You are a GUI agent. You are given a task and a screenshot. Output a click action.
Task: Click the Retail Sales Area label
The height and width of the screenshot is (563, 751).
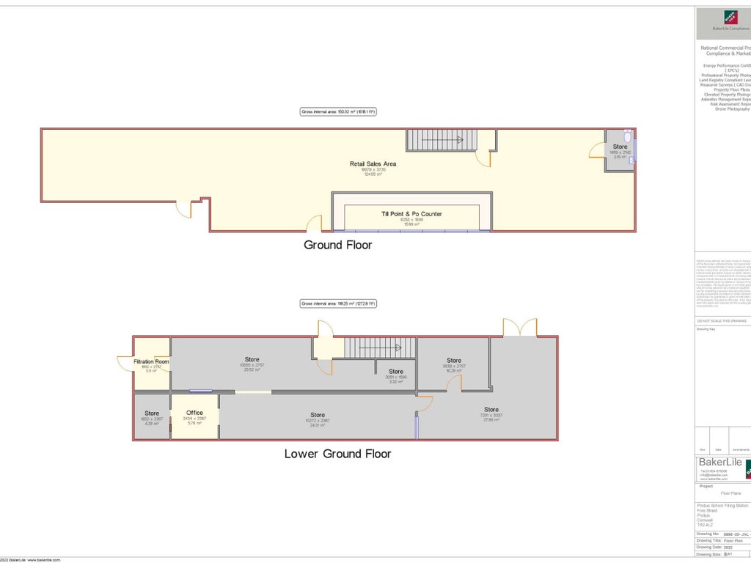(x=373, y=163)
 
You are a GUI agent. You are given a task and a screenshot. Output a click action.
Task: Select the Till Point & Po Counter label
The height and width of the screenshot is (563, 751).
(x=411, y=214)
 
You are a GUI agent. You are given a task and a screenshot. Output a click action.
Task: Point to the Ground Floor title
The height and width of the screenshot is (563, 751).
(x=337, y=245)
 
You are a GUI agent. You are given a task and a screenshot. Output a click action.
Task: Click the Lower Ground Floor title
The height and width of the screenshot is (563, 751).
(x=337, y=454)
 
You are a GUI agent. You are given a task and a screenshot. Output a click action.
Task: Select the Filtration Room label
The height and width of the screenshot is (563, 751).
(x=151, y=361)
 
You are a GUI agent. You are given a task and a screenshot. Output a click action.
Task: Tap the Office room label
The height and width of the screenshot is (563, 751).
(x=194, y=413)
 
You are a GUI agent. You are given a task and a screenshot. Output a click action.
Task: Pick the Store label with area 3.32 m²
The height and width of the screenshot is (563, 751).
(x=396, y=372)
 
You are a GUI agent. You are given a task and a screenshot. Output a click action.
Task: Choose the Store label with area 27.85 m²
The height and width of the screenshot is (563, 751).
(x=491, y=409)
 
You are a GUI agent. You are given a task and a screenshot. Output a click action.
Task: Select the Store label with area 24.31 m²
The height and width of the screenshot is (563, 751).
(x=317, y=415)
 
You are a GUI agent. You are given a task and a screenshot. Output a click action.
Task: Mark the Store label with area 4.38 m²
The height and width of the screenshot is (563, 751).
(x=151, y=413)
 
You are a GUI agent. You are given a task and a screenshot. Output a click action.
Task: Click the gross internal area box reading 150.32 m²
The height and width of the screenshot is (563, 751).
(x=337, y=112)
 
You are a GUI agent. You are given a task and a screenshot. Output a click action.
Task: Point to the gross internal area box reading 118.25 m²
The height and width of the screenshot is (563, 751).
(x=337, y=303)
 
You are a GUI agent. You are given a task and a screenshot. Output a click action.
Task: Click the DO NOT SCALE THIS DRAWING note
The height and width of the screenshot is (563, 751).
(x=721, y=321)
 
